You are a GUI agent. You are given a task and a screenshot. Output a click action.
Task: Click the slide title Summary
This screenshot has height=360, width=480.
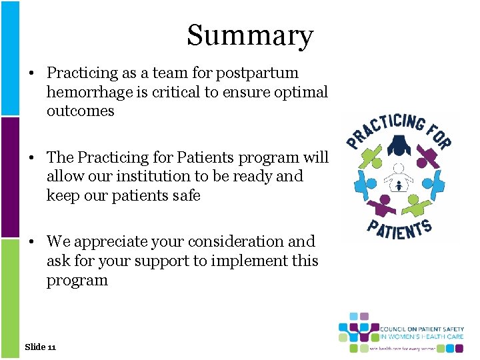pos(249,35)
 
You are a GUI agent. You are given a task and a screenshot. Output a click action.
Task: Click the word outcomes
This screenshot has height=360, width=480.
pos(80,111)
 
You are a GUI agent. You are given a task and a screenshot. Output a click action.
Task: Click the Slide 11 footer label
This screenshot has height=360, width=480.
pos(40,347)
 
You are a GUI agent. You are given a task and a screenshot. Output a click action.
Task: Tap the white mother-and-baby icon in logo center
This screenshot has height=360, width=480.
pos(399,178)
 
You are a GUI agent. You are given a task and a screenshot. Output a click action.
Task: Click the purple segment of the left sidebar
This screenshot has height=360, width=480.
pos(9,177)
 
